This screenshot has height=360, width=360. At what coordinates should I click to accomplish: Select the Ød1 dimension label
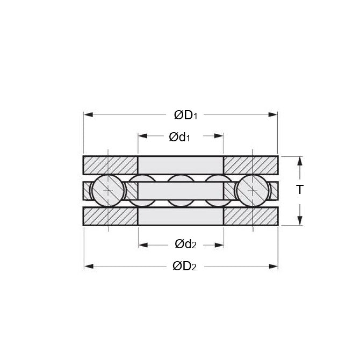point(180,136)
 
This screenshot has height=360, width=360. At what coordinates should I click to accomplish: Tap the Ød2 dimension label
point(185,244)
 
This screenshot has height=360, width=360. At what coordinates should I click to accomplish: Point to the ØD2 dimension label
point(184,267)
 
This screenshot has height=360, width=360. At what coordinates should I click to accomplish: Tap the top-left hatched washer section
point(110,165)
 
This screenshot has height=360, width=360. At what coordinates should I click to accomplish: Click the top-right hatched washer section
point(250,165)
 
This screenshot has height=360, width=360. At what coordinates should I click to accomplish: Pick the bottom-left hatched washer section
point(110,216)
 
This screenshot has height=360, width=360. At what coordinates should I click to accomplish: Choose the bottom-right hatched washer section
point(250,216)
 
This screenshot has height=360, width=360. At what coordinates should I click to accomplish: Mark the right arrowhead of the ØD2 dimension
point(274,267)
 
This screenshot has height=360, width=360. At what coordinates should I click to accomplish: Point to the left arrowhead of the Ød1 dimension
point(142,136)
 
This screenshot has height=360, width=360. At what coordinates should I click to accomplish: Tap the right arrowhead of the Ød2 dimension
point(220,244)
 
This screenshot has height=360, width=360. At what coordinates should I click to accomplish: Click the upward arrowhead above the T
point(300,160)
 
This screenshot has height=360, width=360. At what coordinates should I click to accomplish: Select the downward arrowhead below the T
point(300,221)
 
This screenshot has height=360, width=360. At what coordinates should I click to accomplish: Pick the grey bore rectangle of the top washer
point(181,165)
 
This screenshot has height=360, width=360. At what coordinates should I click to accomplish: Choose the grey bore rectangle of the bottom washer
point(181,216)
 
